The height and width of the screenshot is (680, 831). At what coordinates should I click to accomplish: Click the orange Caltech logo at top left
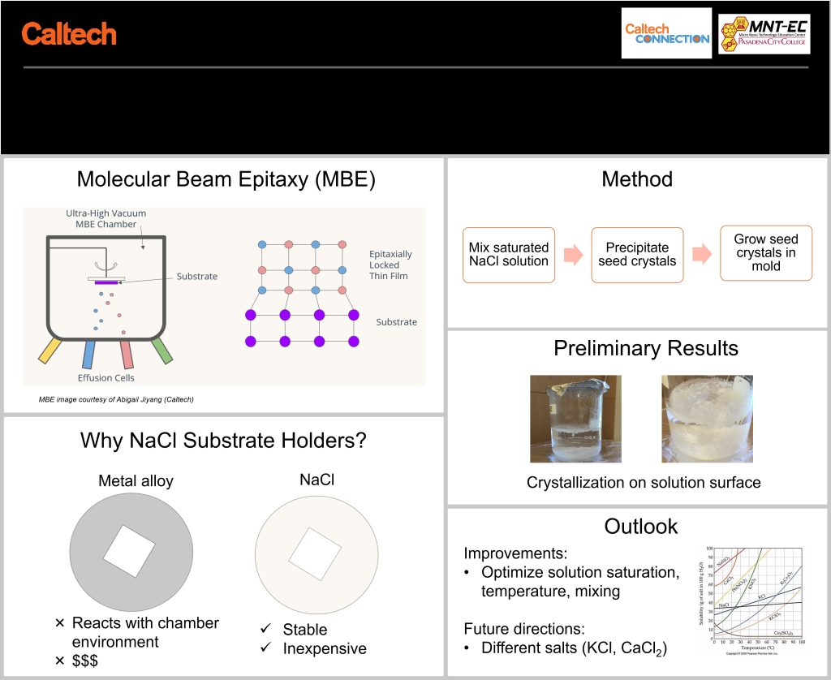[x=69, y=34]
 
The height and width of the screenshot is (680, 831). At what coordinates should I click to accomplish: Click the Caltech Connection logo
[x=666, y=33]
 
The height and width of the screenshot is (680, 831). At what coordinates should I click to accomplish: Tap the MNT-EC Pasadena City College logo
[x=763, y=33]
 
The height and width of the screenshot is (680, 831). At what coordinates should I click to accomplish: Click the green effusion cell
[x=161, y=349]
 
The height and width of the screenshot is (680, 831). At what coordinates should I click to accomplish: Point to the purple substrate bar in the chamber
[x=106, y=282]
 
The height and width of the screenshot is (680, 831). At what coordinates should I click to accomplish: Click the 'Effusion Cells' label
[x=105, y=377]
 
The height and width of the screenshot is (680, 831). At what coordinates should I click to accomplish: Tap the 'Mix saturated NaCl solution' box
[x=509, y=255]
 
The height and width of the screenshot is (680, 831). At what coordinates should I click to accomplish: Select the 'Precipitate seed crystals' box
[x=637, y=255]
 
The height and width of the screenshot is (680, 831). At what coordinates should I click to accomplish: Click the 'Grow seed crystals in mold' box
[x=766, y=252]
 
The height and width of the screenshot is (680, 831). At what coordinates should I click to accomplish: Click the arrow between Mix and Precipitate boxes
[x=573, y=255]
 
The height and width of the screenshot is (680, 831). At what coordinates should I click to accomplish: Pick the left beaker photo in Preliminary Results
[x=575, y=418]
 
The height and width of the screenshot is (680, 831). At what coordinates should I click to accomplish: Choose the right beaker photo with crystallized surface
[x=707, y=418]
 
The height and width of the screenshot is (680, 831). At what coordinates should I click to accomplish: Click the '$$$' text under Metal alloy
[x=85, y=661]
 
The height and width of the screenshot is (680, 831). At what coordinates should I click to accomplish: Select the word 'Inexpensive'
[x=325, y=648]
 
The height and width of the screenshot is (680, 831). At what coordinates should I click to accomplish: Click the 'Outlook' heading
[x=640, y=526]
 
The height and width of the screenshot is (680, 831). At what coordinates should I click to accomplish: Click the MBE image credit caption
[x=116, y=399]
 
